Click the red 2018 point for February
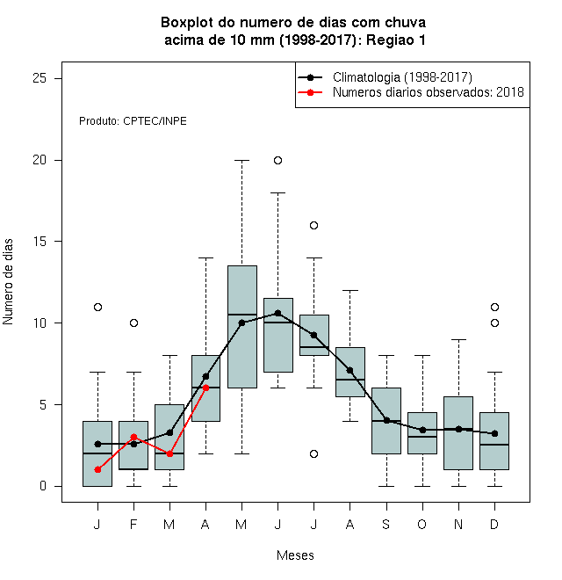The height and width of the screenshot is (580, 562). click(133, 438)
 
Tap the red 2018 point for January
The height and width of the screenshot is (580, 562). click(97, 470)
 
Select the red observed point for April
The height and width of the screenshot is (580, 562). click(206, 388)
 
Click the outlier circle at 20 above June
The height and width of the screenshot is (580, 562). click(278, 160)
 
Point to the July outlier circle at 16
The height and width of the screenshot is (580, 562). click(313, 225)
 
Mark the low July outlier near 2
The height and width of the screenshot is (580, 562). click(313, 453)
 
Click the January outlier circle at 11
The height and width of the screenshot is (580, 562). click(97, 307)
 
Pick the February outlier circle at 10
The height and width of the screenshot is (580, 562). click(133, 323)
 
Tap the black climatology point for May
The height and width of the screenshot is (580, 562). click(241, 323)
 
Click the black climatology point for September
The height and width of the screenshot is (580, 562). click(386, 421)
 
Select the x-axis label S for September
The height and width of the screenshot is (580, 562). click(386, 524)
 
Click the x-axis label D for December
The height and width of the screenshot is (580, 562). click(494, 524)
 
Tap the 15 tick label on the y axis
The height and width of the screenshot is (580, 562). click(40, 242)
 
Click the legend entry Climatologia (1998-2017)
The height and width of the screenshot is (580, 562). click(402, 77)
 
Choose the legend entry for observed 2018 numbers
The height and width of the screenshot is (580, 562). click(429, 92)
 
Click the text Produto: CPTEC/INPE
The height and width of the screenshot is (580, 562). click(133, 121)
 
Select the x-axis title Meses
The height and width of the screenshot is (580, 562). click(295, 555)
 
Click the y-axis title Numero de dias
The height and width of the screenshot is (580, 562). click(8, 282)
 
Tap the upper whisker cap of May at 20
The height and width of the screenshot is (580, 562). click(241, 160)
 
